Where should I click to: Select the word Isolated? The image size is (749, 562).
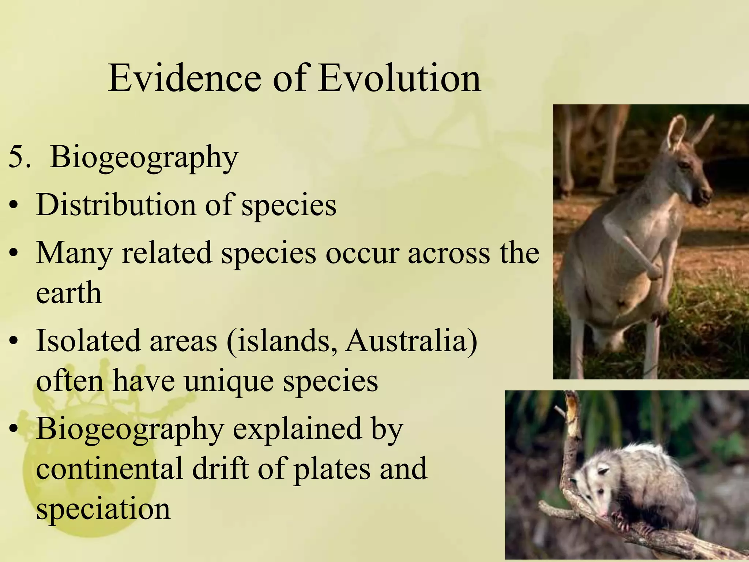pos(88,340)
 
